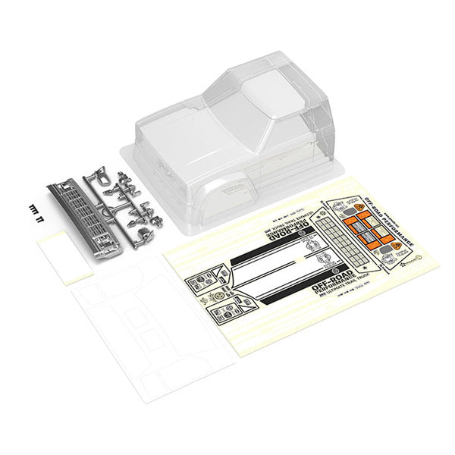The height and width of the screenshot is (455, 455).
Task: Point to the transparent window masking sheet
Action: (x=144, y=326)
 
